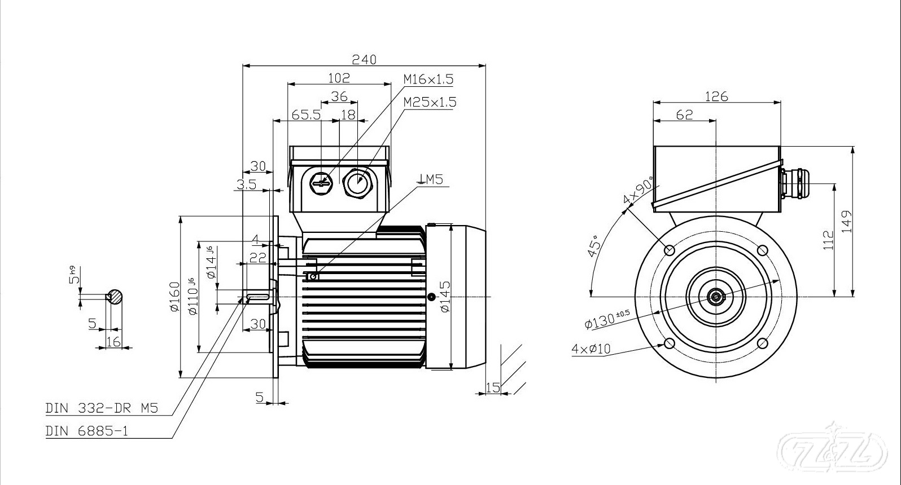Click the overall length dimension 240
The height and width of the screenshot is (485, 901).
tap(364, 59)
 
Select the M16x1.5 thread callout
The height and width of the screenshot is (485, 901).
tap(428, 79)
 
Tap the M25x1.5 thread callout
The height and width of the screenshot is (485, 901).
tap(430, 102)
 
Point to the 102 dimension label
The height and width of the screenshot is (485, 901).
tap(339, 77)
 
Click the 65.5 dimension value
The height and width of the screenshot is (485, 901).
tap(306, 114)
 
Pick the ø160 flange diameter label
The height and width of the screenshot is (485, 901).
tap(174, 297)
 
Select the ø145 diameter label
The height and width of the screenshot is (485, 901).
tap(445, 297)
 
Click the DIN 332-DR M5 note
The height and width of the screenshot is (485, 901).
tap(102, 408)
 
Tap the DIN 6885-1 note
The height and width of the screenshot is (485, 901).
tap(87, 431)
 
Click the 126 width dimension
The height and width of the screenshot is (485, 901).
tap(716, 96)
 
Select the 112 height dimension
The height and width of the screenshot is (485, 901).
tap(828, 240)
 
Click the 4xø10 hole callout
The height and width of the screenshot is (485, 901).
tap(591, 349)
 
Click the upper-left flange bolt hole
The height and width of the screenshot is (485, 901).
tap(670, 249)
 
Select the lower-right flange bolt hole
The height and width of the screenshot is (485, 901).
tap(762, 343)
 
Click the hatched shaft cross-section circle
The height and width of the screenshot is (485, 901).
tap(115, 297)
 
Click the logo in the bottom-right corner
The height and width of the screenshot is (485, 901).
tap(828, 448)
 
